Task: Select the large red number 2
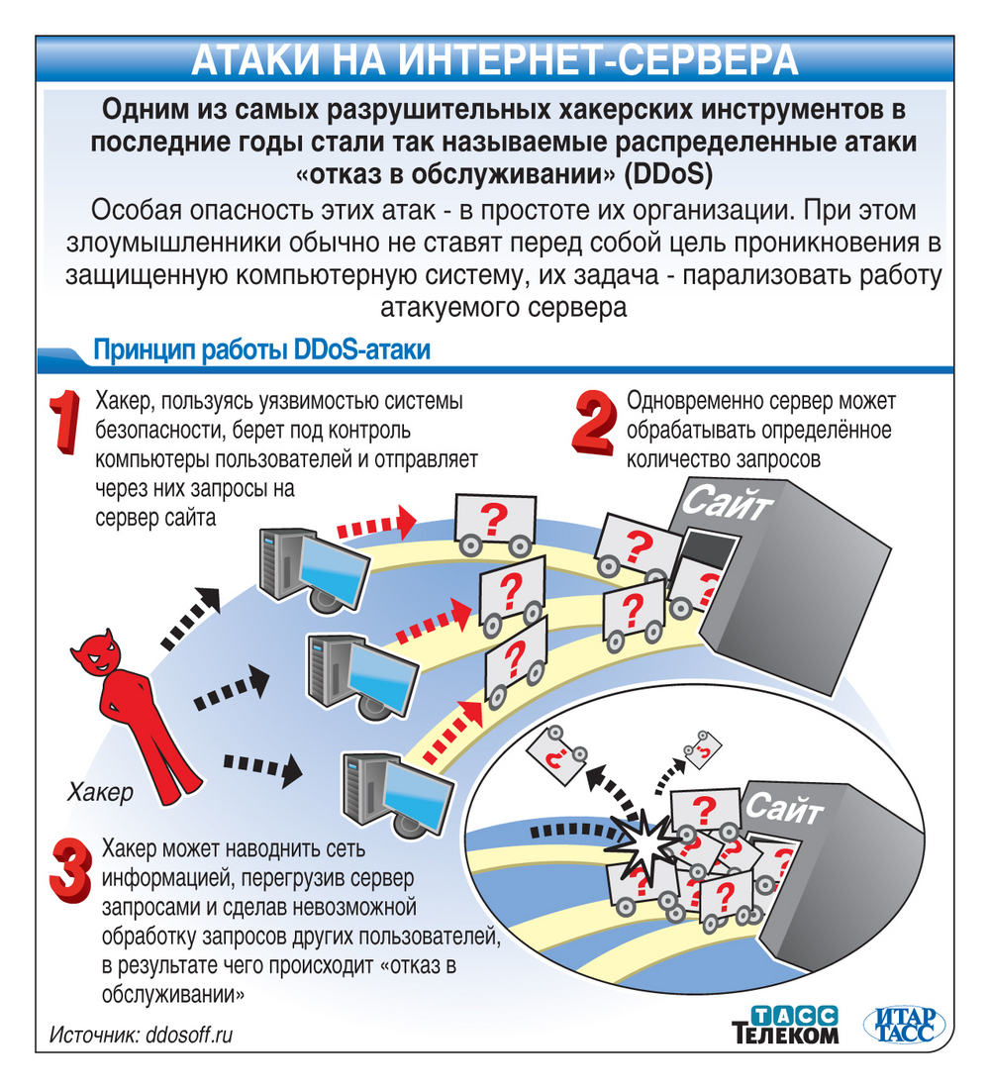coord(593,426)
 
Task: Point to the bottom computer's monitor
coord(406,792)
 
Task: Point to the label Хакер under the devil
coord(99,792)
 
